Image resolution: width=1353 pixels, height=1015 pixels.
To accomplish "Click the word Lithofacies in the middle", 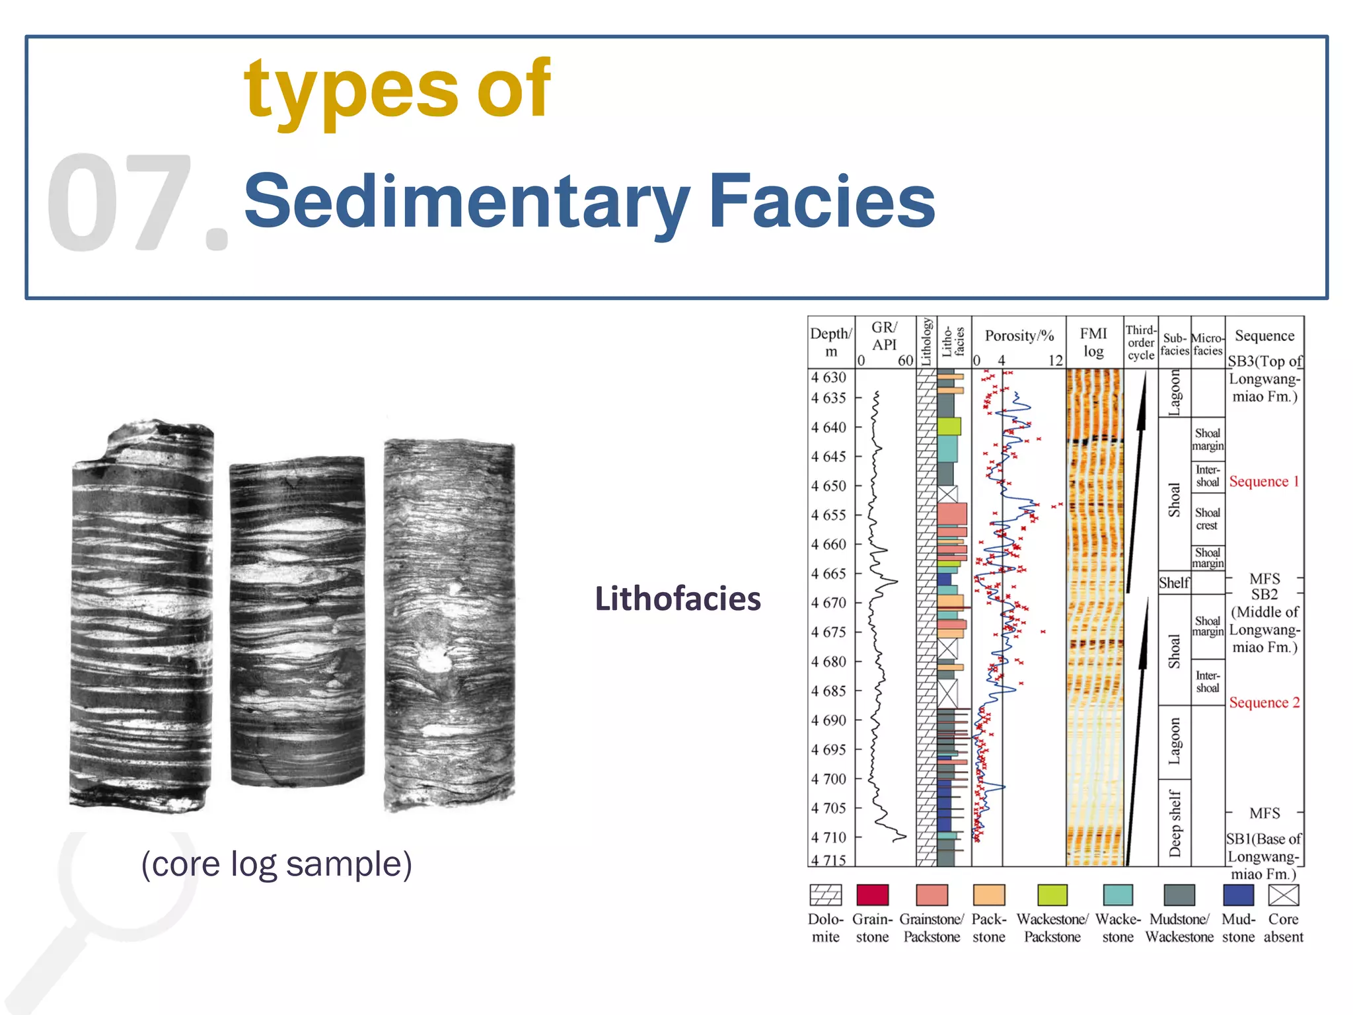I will point(678,599).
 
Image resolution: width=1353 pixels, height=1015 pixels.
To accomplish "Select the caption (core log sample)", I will point(277,864).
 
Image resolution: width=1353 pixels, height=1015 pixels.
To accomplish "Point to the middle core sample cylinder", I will point(297,621).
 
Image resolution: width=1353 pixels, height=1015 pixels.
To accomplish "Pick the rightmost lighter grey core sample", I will point(449,624).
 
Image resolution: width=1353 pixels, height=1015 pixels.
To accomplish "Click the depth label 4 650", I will point(828,486).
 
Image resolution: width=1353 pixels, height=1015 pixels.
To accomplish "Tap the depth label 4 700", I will point(828,779).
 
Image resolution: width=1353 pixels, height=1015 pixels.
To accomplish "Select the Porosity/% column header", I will point(1019,336).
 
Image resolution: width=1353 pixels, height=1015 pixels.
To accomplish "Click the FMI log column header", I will point(1094,342).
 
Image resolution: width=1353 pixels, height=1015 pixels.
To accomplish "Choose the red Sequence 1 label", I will point(1264,482).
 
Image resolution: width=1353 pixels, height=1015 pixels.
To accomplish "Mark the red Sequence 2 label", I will point(1264,702).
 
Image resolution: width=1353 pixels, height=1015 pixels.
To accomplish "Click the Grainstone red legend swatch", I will point(872,895).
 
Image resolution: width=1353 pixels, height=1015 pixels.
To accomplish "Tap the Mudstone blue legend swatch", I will point(1238,895).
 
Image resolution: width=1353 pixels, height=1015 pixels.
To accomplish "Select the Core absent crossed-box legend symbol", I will point(1284,895).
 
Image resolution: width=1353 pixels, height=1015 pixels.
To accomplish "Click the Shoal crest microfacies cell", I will point(1207,519).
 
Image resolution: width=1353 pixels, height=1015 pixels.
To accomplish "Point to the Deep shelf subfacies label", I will point(1175,823).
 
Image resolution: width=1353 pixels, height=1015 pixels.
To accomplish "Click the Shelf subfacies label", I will point(1174,583).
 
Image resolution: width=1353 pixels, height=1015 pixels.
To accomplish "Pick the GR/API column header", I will point(885,336).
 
